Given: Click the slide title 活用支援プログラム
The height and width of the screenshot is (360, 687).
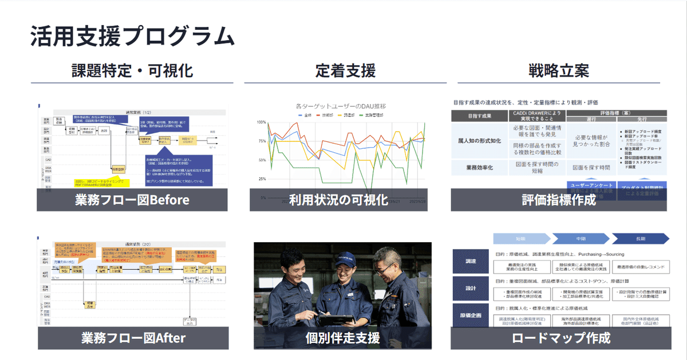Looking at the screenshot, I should [x=132, y=36].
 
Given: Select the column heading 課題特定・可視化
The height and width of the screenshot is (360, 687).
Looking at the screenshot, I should [x=132, y=71].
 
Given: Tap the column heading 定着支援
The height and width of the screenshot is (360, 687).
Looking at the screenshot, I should [x=345, y=71].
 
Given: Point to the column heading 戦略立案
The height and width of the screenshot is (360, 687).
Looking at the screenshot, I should [x=559, y=71].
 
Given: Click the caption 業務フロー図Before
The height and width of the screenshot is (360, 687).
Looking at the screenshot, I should [x=132, y=200].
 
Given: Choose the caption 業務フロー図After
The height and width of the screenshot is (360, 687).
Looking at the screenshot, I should [x=133, y=338].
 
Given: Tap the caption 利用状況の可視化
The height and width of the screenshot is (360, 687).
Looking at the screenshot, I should [x=338, y=200].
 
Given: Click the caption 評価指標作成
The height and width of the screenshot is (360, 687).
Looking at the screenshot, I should [x=559, y=200].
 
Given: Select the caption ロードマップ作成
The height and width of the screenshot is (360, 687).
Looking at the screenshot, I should [x=561, y=338].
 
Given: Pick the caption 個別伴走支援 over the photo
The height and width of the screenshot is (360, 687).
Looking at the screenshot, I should [x=342, y=338].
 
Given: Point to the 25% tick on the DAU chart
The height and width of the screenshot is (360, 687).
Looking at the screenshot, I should [x=261, y=179].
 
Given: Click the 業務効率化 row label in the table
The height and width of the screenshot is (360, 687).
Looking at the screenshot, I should [x=480, y=168].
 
